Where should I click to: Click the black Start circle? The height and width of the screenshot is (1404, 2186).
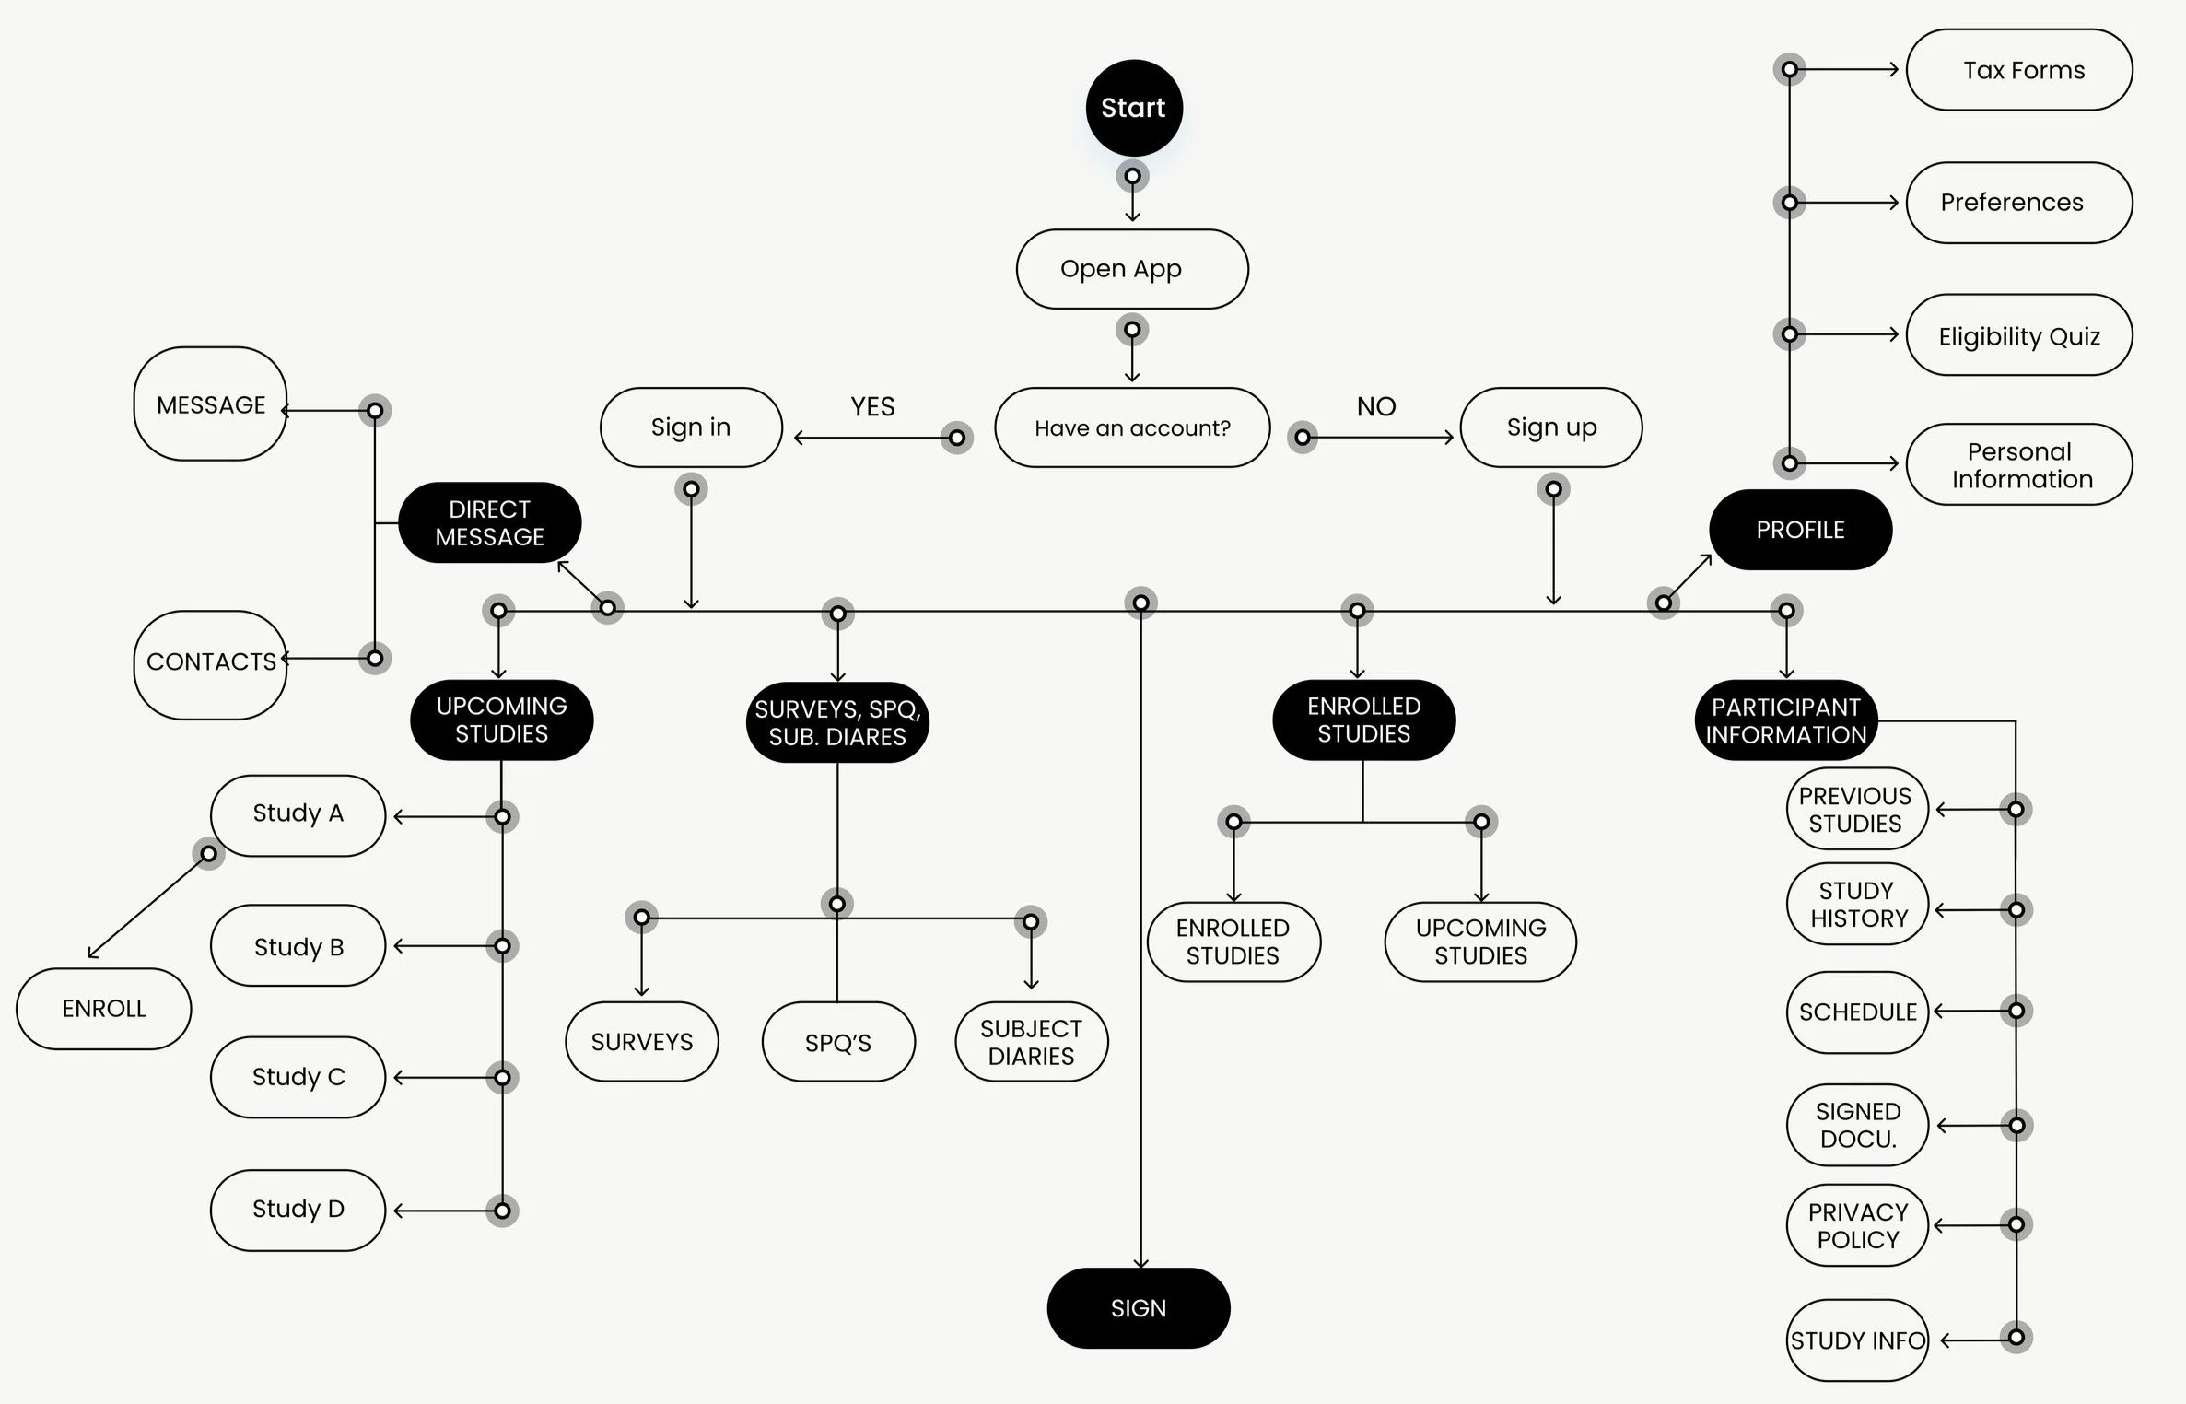pos(1133,108)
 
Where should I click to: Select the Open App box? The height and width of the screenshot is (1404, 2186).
pos(1132,269)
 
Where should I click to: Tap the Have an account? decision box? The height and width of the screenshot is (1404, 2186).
pos(1132,427)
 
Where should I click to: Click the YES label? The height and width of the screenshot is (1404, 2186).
pos(872,406)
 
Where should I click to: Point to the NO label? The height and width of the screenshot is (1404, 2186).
pos(1376,406)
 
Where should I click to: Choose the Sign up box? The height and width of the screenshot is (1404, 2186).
pos(1551,427)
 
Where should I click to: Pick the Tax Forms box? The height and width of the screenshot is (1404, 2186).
pos(2019,70)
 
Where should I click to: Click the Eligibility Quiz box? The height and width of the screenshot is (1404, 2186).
pos(2019,335)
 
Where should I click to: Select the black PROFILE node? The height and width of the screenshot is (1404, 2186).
pos(1800,530)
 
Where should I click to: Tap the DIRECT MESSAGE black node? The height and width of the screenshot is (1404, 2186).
pos(489,522)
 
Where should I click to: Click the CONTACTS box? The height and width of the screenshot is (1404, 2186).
pos(210,663)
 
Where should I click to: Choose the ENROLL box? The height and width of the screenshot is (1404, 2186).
pos(104,1009)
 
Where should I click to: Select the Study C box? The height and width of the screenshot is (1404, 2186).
pos(298,1077)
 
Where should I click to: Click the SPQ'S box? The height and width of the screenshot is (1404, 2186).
pos(838,1042)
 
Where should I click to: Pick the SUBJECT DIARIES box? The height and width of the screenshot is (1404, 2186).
pos(1031,1042)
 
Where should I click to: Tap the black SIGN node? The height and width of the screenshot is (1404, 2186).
pos(1139,1308)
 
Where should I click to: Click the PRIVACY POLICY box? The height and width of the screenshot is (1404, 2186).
pos(1857,1225)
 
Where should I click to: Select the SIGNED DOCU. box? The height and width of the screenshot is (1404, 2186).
pos(1857,1125)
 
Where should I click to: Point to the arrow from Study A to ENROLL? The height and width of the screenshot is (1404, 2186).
pos(147,907)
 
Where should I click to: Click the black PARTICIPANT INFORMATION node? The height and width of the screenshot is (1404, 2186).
pos(1785,720)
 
